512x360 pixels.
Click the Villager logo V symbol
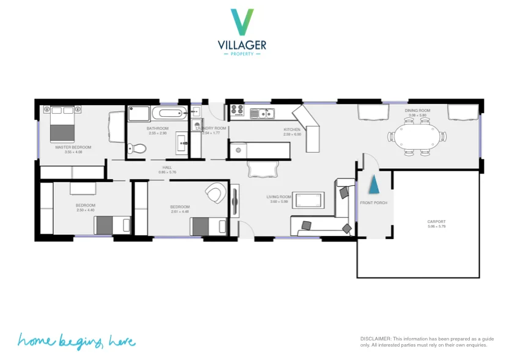click(243, 22)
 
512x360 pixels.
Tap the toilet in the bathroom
click(137, 148)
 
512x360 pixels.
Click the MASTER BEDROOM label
click(73, 147)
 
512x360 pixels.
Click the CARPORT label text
click(436, 222)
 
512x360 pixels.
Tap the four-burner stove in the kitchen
click(238, 111)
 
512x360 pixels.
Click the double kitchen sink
click(265, 112)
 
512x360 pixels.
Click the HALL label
click(167, 167)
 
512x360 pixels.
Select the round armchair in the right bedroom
click(214, 194)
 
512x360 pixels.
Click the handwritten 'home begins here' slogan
click(76, 340)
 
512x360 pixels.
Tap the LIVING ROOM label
click(279, 197)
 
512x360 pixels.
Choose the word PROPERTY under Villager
click(242, 54)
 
